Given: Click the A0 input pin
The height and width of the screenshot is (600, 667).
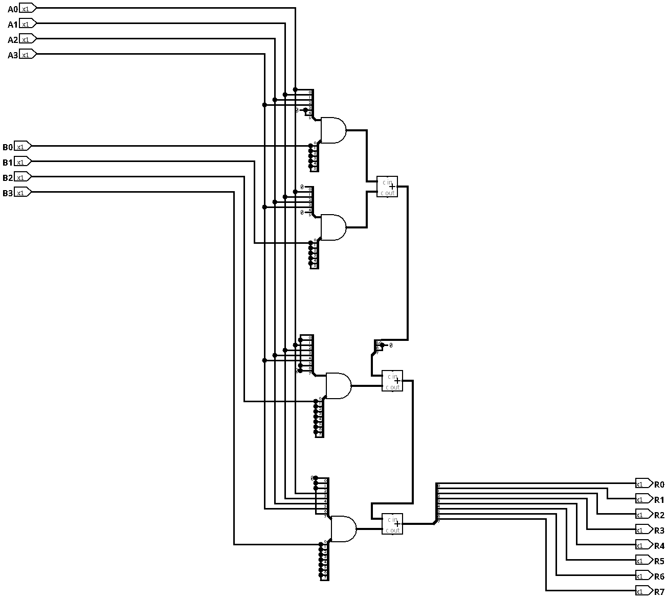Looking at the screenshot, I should [28, 9].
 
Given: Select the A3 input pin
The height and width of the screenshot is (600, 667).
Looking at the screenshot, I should [28, 55].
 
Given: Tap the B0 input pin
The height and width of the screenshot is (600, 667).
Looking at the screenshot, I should [23, 147].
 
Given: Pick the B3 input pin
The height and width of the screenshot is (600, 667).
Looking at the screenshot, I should [23, 193].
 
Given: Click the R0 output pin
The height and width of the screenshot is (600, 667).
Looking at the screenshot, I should [643, 484].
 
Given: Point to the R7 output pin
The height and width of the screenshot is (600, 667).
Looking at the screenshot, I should [643, 591].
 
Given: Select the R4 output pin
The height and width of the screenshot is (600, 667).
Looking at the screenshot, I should [643, 545].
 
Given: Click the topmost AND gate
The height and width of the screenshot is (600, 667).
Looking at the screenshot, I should [333, 130].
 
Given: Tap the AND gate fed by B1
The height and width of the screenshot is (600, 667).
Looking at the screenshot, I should [333, 227].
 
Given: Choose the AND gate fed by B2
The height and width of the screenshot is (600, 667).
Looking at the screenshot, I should [338, 386].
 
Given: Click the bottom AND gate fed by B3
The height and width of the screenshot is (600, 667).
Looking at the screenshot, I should [343, 529].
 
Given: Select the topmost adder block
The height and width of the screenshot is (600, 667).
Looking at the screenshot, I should [387, 187].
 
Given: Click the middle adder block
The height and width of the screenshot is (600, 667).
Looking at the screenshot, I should [392, 381].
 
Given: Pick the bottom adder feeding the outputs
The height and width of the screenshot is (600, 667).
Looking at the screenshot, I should [392, 524].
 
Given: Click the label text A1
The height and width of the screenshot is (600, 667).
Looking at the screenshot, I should [12, 25].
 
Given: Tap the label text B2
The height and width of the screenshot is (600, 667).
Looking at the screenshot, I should [7, 178].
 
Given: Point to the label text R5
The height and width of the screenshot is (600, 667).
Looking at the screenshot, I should [659, 561].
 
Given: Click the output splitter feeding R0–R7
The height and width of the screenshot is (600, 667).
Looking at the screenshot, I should [437, 503].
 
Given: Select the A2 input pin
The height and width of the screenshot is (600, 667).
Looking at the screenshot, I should [28, 39].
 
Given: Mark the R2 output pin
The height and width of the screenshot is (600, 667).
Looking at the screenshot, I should [643, 515].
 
